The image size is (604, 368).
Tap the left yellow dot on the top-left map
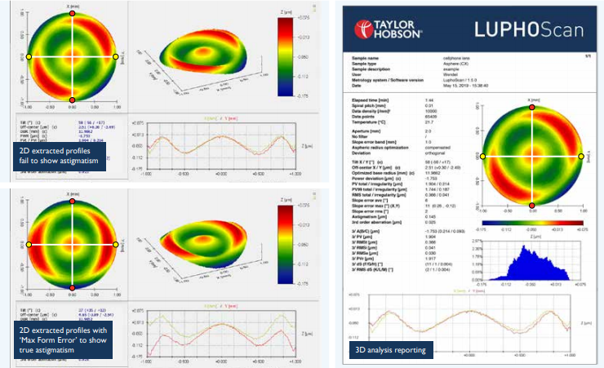click(x=29, y=57)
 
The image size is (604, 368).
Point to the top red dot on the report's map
click(x=531, y=107)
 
